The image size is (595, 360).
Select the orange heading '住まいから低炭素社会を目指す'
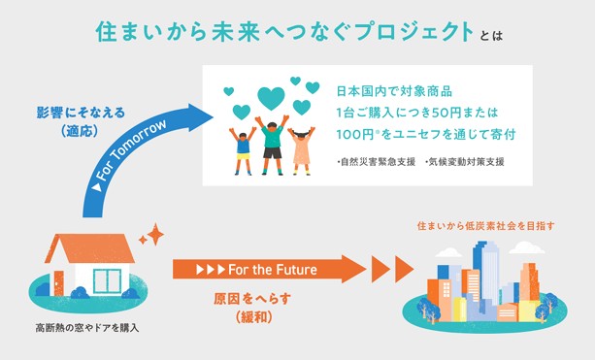pos(484,225)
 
